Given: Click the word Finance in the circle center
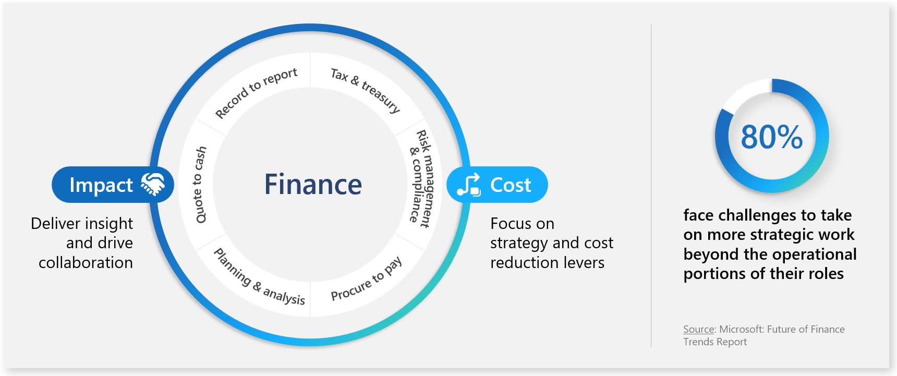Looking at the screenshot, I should (313, 185).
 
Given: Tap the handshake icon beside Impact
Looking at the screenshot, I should (153, 185).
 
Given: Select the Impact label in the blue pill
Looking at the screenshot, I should (101, 185).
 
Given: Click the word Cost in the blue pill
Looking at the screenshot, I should (511, 185).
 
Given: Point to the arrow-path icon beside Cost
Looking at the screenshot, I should (468, 185).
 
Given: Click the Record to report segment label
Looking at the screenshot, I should (256, 93).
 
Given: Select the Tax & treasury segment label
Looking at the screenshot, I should (366, 90).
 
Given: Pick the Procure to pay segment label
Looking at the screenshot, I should (367, 279).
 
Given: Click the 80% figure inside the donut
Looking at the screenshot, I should (771, 137).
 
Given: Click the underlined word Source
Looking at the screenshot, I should (698, 330).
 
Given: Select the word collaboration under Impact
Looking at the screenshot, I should (86, 263).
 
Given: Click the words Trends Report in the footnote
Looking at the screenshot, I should (715, 342).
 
